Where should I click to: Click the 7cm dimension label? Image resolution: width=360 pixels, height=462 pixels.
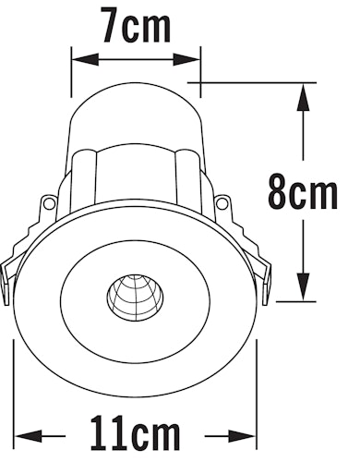(x=137, y=27)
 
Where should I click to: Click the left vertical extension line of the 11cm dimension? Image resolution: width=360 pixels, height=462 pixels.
(x=14, y=388)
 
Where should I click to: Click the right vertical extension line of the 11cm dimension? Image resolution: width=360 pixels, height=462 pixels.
(x=257, y=388)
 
